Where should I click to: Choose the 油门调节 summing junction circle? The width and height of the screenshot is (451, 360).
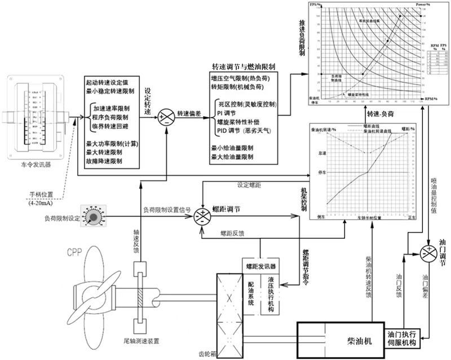[428, 250]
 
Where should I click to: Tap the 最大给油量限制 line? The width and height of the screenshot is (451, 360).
[232, 156]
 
